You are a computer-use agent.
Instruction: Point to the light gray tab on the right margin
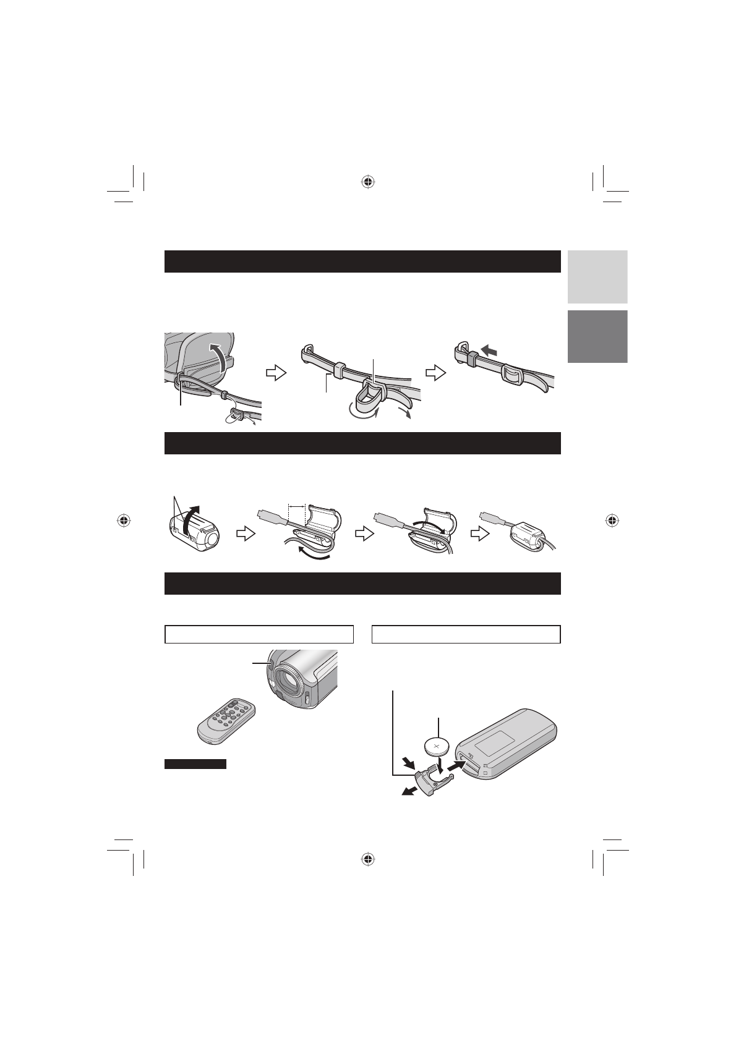point(597,276)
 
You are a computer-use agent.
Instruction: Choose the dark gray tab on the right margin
point(597,336)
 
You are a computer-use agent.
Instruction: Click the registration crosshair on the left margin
point(124,520)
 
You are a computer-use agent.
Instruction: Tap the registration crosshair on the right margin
point(611,520)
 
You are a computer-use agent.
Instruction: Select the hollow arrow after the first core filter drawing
point(246,534)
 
